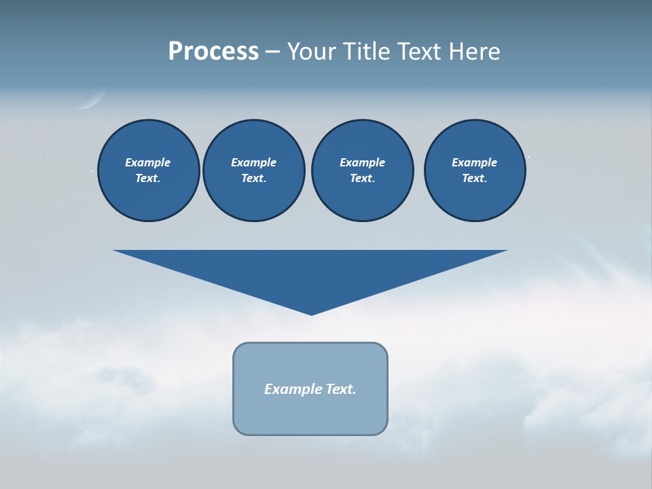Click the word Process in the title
pyautogui.click(x=213, y=52)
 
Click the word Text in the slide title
pyautogui.click(x=422, y=52)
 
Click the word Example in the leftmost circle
pyautogui.click(x=147, y=162)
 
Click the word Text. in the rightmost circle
pyautogui.click(x=474, y=178)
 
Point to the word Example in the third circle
pyautogui.click(x=362, y=162)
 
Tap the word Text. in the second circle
pyautogui.click(x=253, y=178)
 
